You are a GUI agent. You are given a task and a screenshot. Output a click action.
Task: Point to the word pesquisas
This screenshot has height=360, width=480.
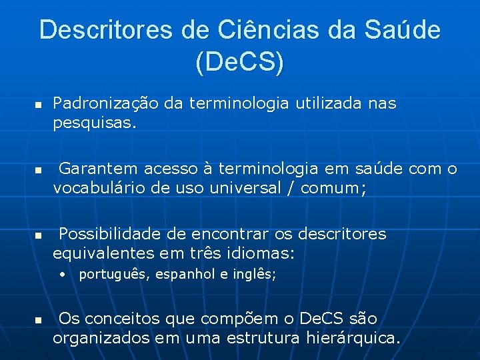[x=95, y=123]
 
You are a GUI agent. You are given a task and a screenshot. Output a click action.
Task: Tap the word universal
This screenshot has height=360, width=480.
[x=240, y=188]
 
